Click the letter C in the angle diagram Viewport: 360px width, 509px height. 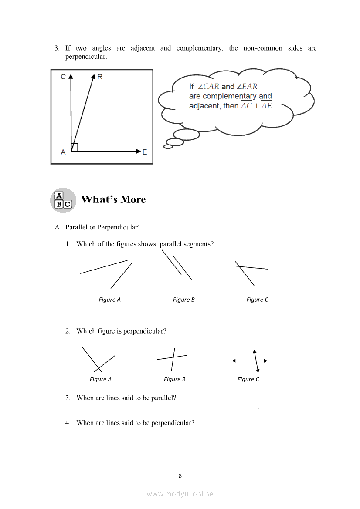point(63,77)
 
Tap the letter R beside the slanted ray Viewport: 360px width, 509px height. point(100,77)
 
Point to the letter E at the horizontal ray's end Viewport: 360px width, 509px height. point(144,152)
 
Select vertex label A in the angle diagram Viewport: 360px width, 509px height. point(63,152)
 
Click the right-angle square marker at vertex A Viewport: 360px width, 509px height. point(75,147)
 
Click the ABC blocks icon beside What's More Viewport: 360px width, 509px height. point(63,200)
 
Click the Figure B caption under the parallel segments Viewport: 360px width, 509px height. point(183,300)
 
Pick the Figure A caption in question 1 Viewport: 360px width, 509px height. point(109,300)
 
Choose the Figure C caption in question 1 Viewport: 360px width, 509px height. point(257,300)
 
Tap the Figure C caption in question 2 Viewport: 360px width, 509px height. point(248,379)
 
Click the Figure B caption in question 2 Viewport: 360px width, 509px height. point(174,379)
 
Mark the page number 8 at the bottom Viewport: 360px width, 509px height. point(180,476)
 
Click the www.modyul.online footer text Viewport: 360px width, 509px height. point(180,494)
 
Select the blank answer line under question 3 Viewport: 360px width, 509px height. point(167,408)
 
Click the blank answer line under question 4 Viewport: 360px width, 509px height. point(170,433)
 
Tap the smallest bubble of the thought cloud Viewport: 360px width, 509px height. point(168,146)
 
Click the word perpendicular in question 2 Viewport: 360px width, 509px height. point(145,331)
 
